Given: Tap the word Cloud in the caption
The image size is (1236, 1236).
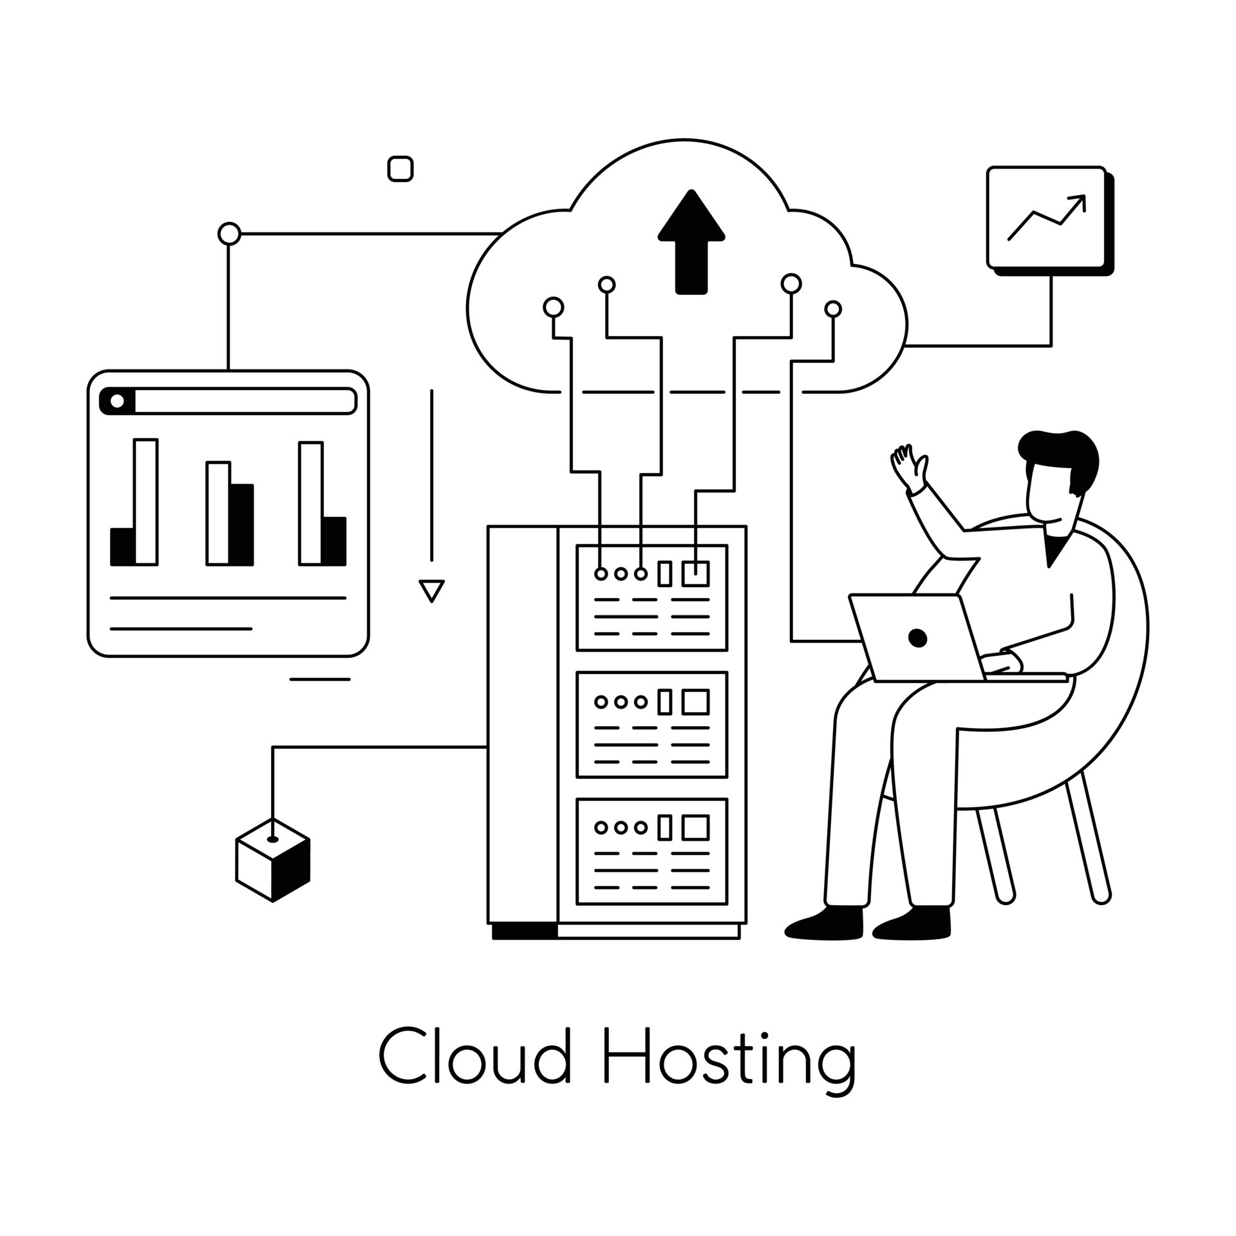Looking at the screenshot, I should tap(474, 1055).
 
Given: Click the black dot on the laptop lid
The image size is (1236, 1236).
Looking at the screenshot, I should tap(917, 638).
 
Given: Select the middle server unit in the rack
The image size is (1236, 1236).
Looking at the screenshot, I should tap(651, 724).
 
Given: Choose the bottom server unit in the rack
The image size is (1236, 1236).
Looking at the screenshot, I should tap(651, 852).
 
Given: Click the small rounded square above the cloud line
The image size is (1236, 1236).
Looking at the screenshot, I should tap(400, 169).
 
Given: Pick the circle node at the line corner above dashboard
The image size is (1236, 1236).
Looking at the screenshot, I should tap(229, 234).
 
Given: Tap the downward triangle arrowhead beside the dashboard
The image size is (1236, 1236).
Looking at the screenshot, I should tap(431, 589).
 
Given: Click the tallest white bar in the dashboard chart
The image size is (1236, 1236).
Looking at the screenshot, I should tap(146, 501).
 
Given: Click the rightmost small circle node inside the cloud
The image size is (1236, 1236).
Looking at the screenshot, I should tap(833, 309).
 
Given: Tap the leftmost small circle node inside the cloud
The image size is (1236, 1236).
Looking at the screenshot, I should tap(553, 308).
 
